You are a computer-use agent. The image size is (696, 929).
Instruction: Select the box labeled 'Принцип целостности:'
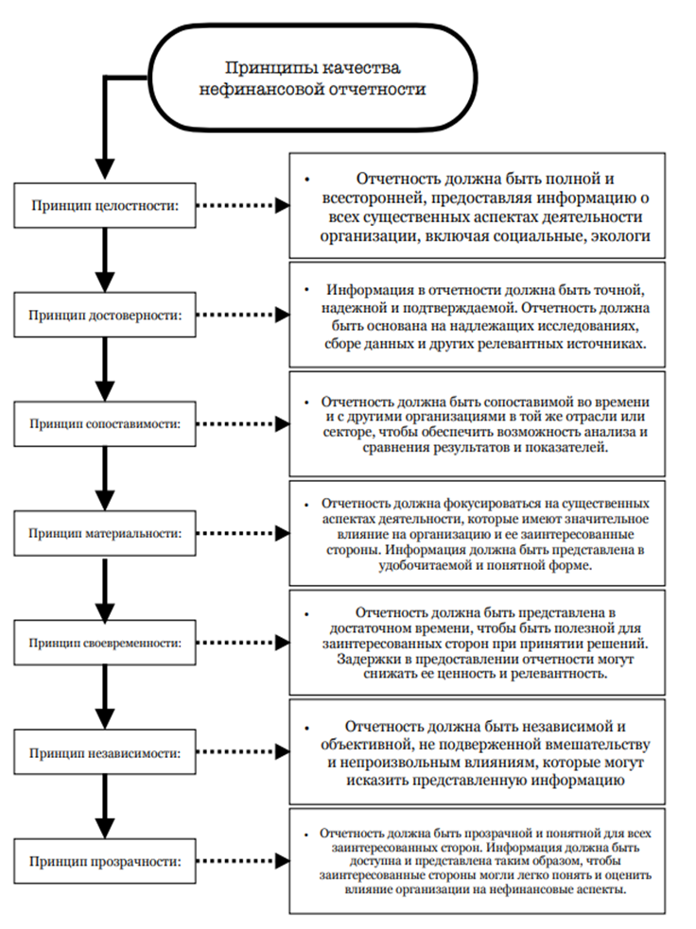(104, 203)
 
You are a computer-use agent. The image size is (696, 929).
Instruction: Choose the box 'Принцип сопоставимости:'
(104, 424)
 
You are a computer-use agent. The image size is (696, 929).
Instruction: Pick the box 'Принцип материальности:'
(104, 533)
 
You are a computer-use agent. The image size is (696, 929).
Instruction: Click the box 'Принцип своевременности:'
(104, 643)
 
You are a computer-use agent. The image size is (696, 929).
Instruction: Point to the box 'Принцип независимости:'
(104, 752)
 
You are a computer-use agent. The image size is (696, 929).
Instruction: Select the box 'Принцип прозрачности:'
(104, 861)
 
